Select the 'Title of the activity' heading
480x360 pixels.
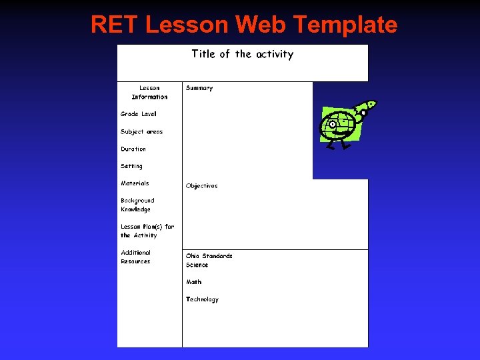(x=243, y=54)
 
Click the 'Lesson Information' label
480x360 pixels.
(x=149, y=92)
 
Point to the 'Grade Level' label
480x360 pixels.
(x=139, y=114)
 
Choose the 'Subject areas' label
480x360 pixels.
(x=141, y=131)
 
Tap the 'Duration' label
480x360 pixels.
(x=133, y=149)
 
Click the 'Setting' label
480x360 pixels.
(x=131, y=166)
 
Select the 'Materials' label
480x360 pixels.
(x=135, y=183)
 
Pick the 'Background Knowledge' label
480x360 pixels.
(x=137, y=205)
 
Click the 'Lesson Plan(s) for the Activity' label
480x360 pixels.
(x=147, y=231)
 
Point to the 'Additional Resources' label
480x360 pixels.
(x=136, y=257)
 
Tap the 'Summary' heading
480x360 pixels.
(x=199, y=88)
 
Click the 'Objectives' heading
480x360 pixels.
(x=201, y=186)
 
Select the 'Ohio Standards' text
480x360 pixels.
(x=209, y=256)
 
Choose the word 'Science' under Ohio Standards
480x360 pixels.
(x=197, y=265)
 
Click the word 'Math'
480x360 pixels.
(x=193, y=282)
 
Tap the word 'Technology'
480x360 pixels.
(x=202, y=299)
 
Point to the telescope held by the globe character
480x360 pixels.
(x=363, y=108)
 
